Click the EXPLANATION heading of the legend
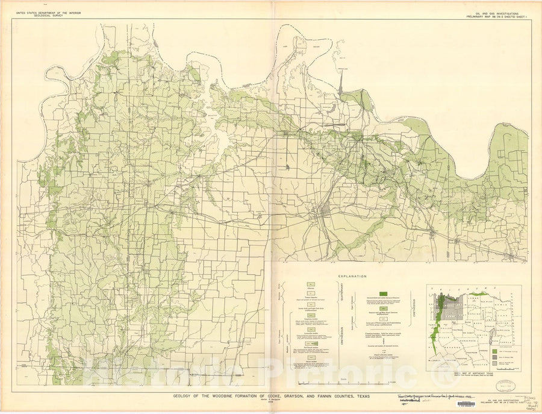352,276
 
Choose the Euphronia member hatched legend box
310,315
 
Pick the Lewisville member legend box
310,329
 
